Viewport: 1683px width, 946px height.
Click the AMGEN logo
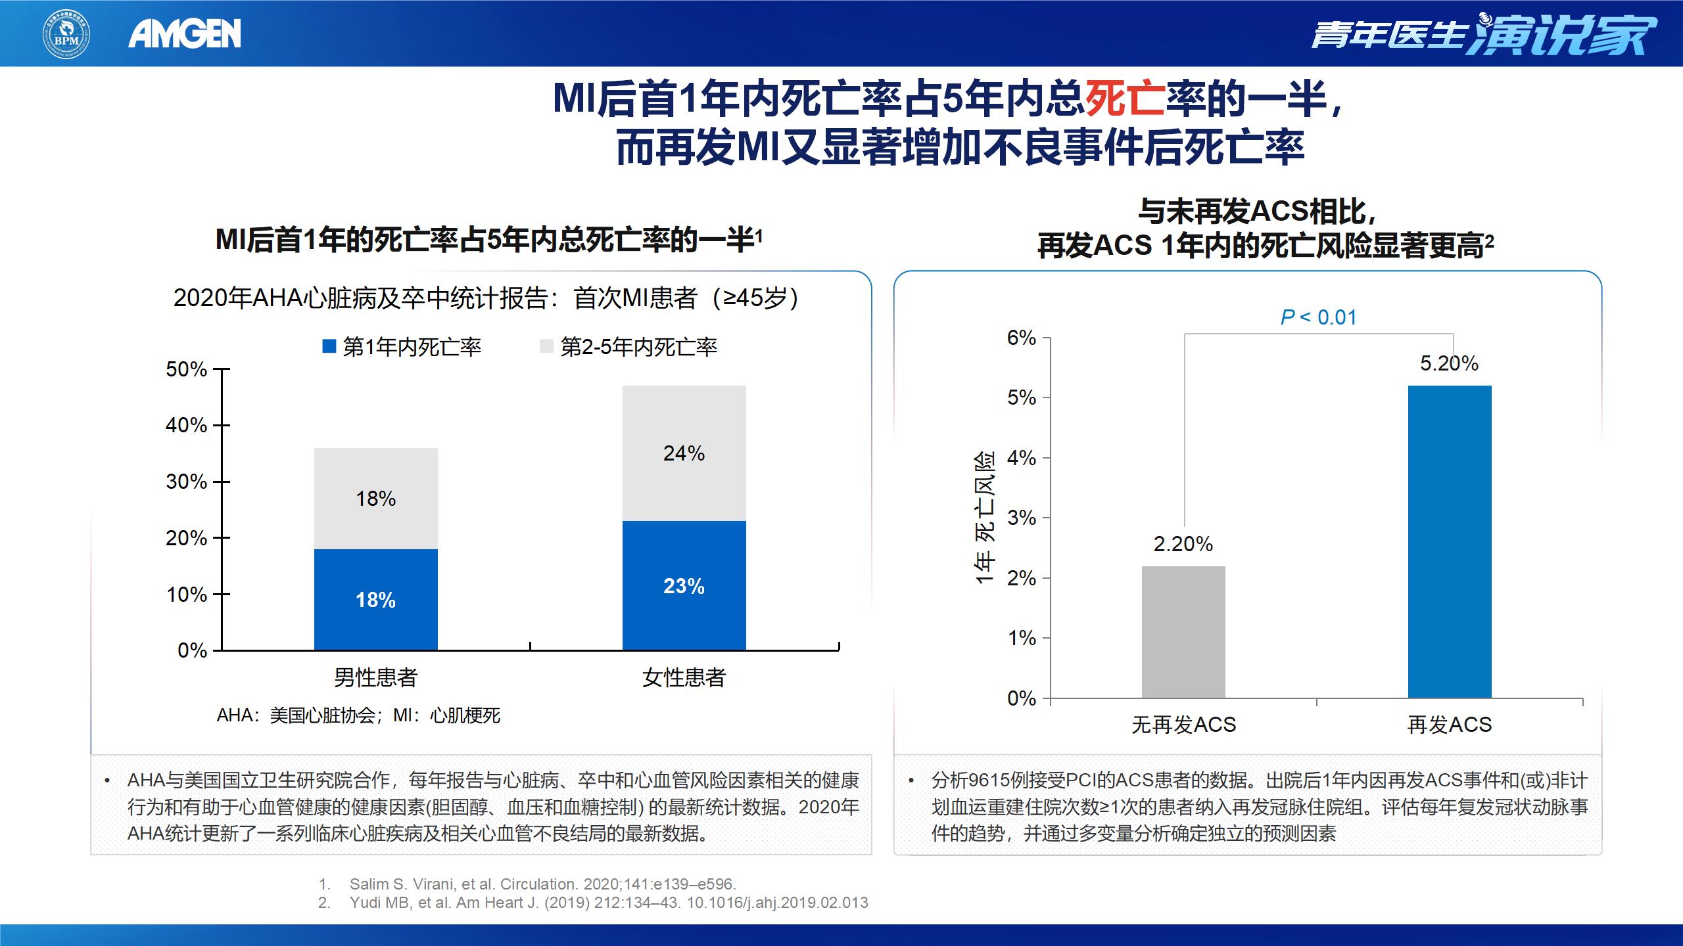point(185,34)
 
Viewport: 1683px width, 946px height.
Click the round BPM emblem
point(66,34)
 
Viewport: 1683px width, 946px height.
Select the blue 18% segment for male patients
point(375,599)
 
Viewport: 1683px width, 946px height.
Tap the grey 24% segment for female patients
point(684,453)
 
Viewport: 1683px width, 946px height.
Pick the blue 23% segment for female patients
point(684,585)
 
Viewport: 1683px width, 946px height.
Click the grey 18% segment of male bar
point(375,499)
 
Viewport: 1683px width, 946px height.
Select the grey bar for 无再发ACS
point(1183,632)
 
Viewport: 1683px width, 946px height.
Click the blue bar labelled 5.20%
point(1450,541)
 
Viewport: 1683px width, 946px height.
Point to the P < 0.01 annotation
point(1318,318)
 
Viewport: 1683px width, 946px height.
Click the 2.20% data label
point(1183,544)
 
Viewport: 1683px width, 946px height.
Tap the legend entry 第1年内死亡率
point(402,347)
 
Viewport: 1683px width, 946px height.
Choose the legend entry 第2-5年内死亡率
point(629,347)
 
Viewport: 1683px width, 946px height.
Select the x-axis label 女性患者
point(684,677)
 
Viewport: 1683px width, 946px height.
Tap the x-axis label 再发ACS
point(1450,725)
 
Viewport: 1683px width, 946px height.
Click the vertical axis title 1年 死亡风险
point(984,518)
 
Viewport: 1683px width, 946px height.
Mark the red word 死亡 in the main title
point(1125,99)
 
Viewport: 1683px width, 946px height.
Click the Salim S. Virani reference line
point(542,884)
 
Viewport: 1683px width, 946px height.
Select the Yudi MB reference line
point(608,903)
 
